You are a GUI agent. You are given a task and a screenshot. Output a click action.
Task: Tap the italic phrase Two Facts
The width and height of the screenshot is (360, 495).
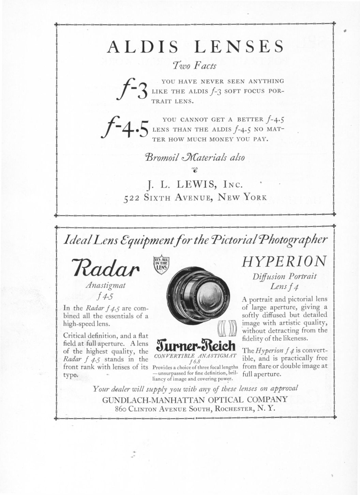point(195,65)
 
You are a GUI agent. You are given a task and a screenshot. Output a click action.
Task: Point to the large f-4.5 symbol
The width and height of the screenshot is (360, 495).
point(126,128)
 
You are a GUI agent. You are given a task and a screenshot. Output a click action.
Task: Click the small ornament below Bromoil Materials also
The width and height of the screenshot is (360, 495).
point(195,170)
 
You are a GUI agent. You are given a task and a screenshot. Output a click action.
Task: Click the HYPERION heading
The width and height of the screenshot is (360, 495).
point(284,262)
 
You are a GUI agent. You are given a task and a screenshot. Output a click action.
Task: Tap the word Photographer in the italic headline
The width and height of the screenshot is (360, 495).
point(294,240)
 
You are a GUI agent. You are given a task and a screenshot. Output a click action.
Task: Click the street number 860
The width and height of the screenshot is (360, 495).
point(121,409)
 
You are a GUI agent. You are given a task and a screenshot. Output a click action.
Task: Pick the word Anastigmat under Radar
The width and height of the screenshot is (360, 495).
point(106,286)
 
